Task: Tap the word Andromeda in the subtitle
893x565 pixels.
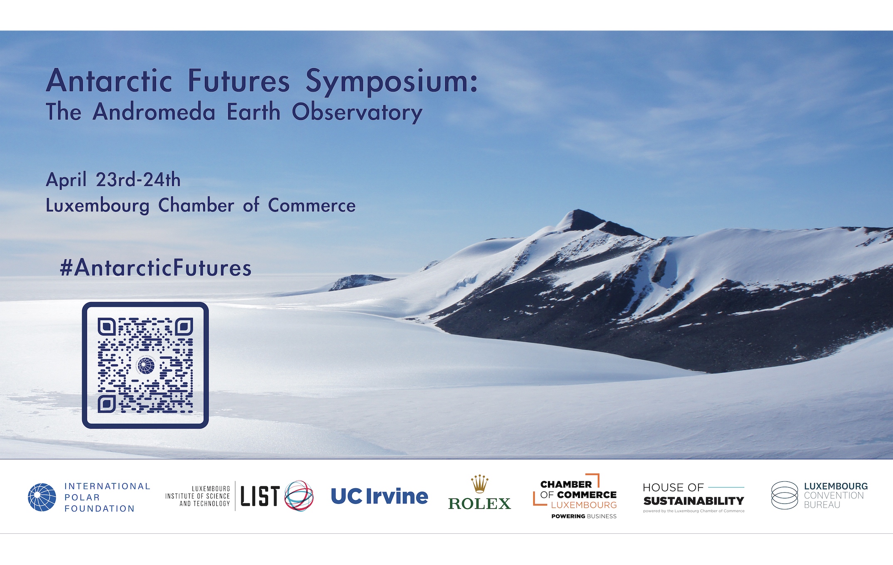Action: [x=154, y=112]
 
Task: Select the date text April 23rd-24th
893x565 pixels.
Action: [x=113, y=180]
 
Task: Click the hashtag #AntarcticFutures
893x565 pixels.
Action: [x=155, y=268]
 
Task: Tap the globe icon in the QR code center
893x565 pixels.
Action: [x=146, y=366]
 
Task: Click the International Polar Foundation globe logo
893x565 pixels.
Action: [x=42, y=497]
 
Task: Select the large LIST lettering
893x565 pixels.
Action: [x=260, y=496]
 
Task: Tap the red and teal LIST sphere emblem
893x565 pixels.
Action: [x=299, y=496]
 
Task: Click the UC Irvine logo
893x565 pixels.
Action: [x=380, y=496]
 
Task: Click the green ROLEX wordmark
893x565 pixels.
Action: [x=479, y=504]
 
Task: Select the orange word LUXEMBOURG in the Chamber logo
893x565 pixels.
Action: [x=584, y=505]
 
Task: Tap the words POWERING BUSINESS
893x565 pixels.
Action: [x=584, y=516]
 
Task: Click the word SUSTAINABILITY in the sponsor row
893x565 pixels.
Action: [x=693, y=501]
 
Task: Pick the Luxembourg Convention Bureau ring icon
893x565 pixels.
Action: [x=785, y=496]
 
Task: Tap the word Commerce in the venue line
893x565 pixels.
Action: [x=312, y=206]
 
